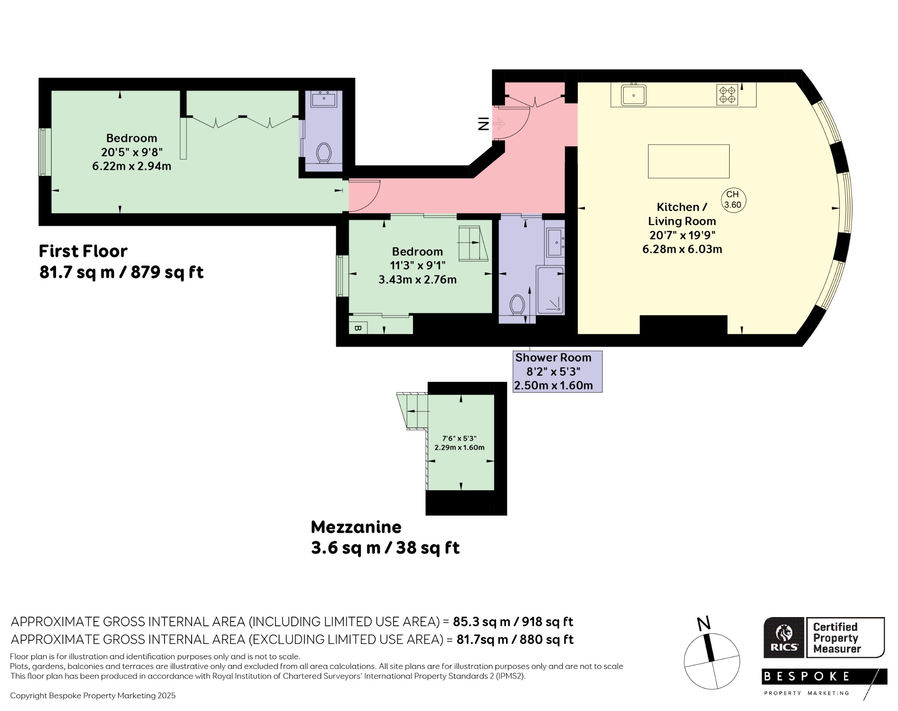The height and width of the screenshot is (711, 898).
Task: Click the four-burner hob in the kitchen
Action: (727, 95)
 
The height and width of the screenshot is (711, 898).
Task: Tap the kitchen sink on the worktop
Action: (634, 94)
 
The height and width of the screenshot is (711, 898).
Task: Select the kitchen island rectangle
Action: (688, 161)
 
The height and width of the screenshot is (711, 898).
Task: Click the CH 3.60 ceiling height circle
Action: (734, 200)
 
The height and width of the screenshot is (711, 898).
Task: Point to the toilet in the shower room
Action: (517, 304)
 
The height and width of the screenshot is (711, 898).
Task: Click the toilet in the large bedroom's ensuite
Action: (324, 153)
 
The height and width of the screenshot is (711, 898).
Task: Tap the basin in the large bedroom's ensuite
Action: (324, 99)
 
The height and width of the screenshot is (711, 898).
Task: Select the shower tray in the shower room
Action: (550, 290)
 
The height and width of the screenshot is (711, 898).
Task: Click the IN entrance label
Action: (483, 124)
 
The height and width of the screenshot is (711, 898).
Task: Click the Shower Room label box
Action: (557, 371)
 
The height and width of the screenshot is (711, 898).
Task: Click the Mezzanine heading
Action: (356, 527)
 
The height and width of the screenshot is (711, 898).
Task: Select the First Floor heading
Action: (83, 251)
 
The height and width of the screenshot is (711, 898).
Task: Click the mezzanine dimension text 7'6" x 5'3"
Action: (459, 438)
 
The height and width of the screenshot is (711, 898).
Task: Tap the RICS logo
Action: (784, 638)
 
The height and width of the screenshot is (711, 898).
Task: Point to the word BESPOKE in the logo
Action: (807, 676)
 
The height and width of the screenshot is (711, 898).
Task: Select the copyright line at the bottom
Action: (93, 696)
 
